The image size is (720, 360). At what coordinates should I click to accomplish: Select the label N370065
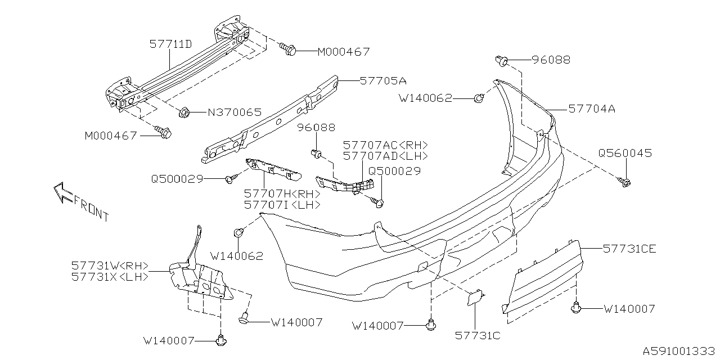235,112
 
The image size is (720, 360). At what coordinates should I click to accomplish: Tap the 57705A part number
383,80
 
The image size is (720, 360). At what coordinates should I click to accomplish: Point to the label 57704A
591,109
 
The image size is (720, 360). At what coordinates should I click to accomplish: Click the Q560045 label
625,153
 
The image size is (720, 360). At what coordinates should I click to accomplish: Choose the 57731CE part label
629,248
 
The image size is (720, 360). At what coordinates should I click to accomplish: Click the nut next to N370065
183,113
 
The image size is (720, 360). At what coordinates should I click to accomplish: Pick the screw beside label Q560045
624,181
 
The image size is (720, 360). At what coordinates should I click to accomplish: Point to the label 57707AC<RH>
385,145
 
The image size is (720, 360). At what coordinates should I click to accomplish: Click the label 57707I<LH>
282,205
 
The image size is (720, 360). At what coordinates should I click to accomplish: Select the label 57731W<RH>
110,265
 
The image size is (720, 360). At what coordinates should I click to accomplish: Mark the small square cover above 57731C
475,297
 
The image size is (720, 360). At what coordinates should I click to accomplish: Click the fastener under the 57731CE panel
575,308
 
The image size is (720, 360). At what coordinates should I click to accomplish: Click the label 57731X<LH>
110,277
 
